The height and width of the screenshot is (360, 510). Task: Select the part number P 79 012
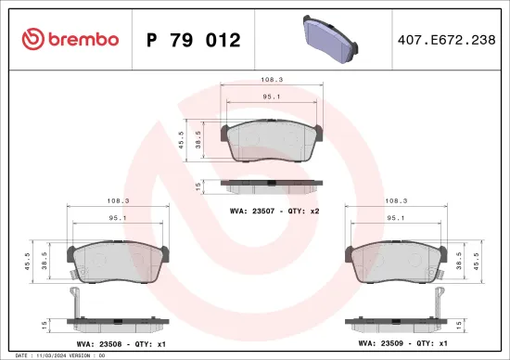tap(194, 40)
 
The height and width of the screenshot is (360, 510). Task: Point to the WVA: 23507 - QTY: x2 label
tap(274, 212)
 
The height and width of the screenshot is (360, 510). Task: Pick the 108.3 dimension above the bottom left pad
tap(117, 199)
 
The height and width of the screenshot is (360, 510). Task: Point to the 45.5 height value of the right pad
tap(478, 261)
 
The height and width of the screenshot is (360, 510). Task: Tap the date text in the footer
tap(37, 355)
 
